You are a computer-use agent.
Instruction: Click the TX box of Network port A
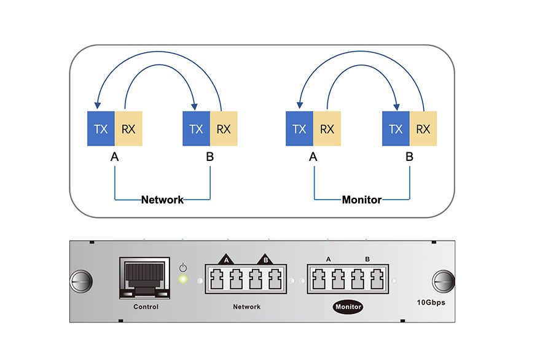pyautogui.click(x=101, y=128)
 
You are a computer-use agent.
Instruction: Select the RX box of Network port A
pyautogui.click(x=128, y=128)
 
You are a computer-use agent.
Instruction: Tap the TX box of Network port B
pyautogui.click(x=197, y=128)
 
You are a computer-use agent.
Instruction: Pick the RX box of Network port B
pyautogui.click(x=224, y=128)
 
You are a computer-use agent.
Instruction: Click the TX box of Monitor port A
pyautogui.click(x=300, y=128)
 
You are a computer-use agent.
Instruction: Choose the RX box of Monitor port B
pyautogui.click(x=423, y=128)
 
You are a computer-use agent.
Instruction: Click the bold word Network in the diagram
pyautogui.click(x=163, y=200)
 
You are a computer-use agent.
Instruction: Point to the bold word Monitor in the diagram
pyautogui.click(x=362, y=200)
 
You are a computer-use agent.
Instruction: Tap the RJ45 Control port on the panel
pyautogui.click(x=144, y=278)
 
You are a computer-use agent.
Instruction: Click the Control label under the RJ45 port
pyautogui.click(x=146, y=307)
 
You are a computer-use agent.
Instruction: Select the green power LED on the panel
pyautogui.click(x=183, y=279)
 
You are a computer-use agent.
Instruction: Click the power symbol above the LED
pyautogui.click(x=183, y=267)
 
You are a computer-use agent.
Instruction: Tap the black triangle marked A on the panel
pyautogui.click(x=226, y=259)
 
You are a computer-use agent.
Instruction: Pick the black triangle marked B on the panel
pyautogui.click(x=265, y=259)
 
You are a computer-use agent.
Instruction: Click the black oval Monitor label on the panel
pyautogui.click(x=348, y=307)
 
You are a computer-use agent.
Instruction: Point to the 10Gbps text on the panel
pyautogui.click(x=431, y=302)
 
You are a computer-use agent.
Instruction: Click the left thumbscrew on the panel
pyautogui.click(x=81, y=281)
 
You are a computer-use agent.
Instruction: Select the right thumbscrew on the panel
pyautogui.click(x=444, y=281)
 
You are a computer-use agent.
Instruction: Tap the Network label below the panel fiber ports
pyautogui.click(x=246, y=307)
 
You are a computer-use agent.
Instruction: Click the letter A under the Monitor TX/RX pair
pyautogui.click(x=313, y=157)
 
